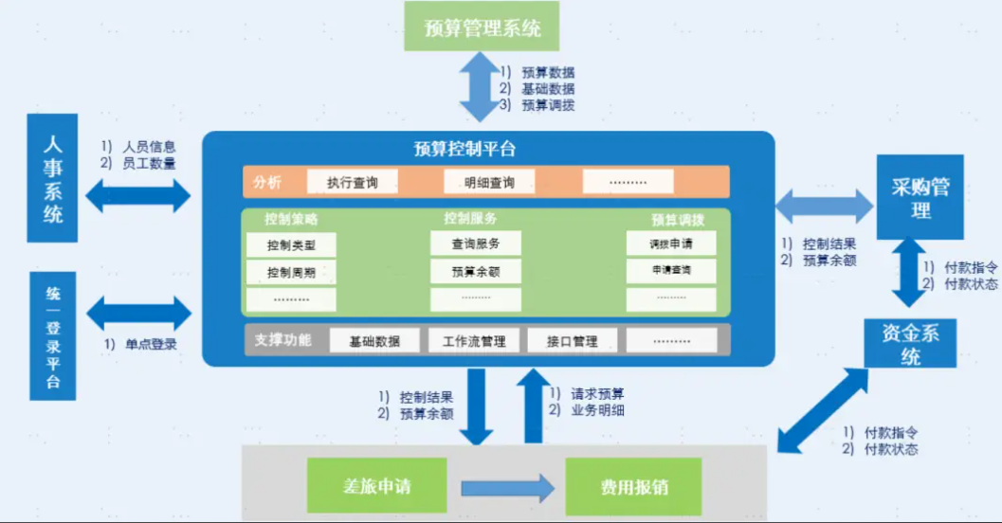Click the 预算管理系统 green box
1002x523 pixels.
pyautogui.click(x=482, y=27)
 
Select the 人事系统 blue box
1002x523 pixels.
pyautogui.click(x=52, y=178)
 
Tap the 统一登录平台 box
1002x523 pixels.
pyautogui.click(x=53, y=336)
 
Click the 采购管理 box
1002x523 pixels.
pyautogui.click(x=920, y=197)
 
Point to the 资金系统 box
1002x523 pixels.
pyautogui.click(x=910, y=343)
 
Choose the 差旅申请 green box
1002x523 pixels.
pyautogui.click(x=377, y=485)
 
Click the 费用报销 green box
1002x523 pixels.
pyautogui.click(x=633, y=487)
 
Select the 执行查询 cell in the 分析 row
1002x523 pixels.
pyautogui.click(x=352, y=182)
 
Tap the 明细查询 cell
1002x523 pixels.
pyautogui.click(x=489, y=182)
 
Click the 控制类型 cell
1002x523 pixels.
pyautogui.click(x=291, y=244)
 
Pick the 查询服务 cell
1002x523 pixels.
pyautogui.click(x=476, y=243)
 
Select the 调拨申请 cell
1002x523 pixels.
pyautogui.click(x=671, y=243)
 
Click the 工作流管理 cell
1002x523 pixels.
pyautogui.click(x=474, y=340)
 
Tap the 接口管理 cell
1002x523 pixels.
pyautogui.click(x=572, y=340)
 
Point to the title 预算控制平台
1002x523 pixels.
pyautogui.click(x=465, y=149)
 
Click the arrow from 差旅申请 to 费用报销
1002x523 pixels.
pyautogui.click(x=507, y=489)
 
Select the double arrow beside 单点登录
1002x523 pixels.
pyautogui.click(x=138, y=313)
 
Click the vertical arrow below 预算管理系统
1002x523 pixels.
pyautogui.click(x=481, y=87)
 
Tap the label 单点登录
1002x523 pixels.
pyautogui.click(x=151, y=344)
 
